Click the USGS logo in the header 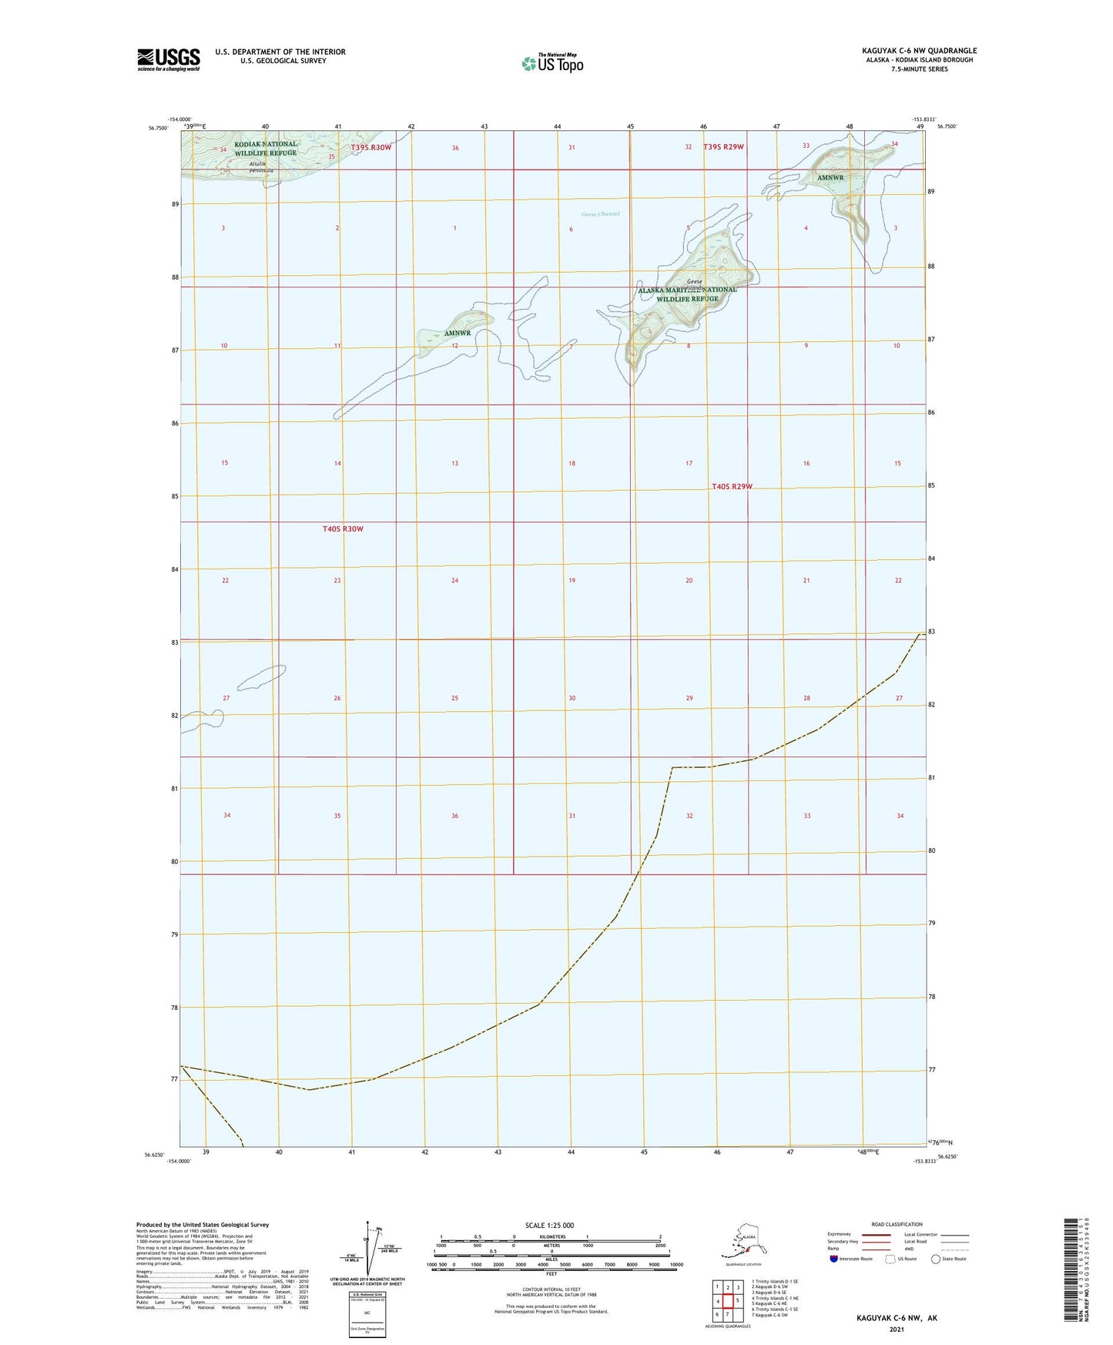(169, 59)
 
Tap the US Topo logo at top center (552, 62)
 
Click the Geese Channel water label (601, 214)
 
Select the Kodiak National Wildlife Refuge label (266, 149)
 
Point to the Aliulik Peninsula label (250, 167)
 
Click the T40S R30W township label (343, 529)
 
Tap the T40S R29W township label (732, 487)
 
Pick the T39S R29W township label (723, 146)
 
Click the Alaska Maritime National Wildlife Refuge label (687, 294)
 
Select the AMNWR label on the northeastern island (830, 178)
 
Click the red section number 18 (572, 464)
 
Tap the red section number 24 (454, 581)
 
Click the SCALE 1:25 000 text (549, 1226)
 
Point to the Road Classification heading (897, 1224)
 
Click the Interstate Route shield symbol (834, 1259)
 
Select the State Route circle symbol (936, 1259)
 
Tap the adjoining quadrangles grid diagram (727, 1299)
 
